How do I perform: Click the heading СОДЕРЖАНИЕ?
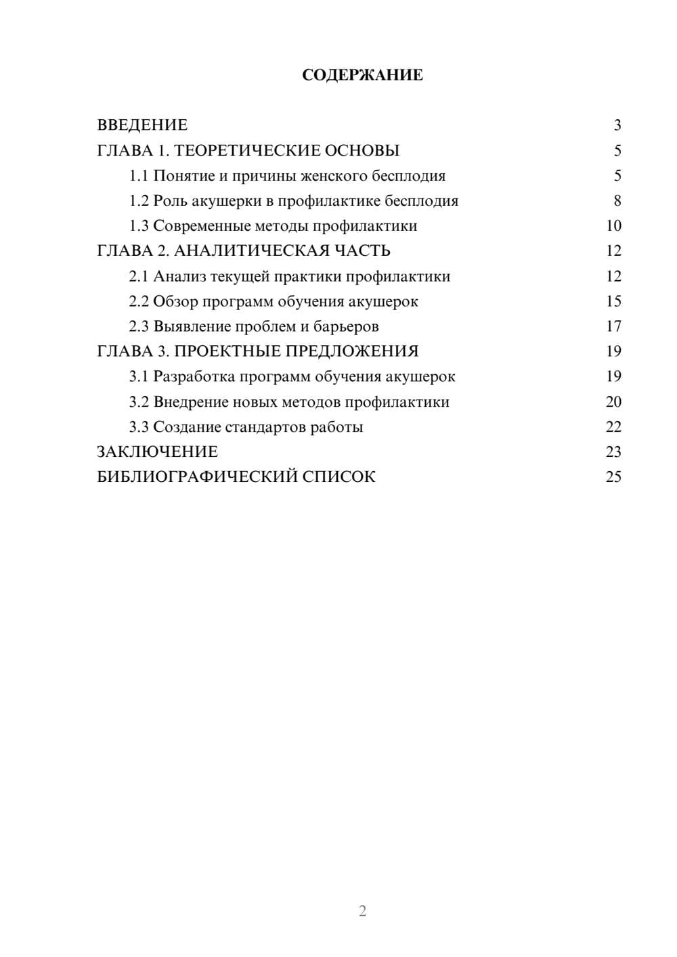(362, 75)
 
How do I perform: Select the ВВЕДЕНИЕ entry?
(142, 125)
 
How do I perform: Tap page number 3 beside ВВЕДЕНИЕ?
(617, 125)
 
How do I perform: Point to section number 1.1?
(139, 176)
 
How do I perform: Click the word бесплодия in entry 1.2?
(421, 201)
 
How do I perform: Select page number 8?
(617, 201)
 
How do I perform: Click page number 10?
(613, 226)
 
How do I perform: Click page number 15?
(613, 301)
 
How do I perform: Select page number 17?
(613, 326)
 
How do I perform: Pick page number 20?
(613, 402)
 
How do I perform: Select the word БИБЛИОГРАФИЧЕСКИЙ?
(197, 477)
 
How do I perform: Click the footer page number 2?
(362, 911)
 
